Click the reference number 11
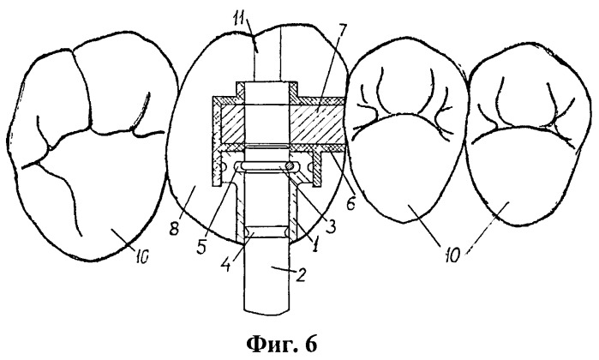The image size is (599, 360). [242, 18]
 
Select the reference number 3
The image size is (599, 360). [331, 226]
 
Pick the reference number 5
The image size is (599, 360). [201, 247]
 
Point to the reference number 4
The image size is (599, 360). [226, 265]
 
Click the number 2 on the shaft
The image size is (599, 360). [302, 275]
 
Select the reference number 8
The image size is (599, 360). [175, 231]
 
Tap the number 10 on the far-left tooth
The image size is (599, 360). [141, 258]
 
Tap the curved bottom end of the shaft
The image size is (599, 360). [267, 312]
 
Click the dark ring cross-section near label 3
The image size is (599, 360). [292, 166]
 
